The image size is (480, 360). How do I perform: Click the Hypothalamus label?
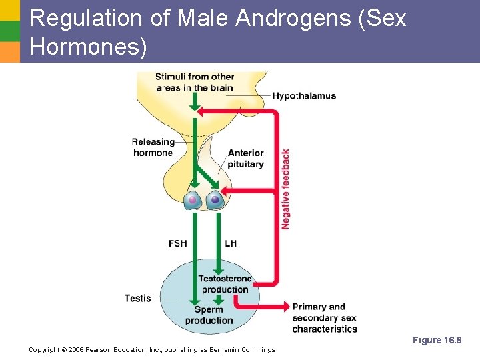pyautogui.click(x=304, y=96)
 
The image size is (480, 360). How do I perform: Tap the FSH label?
pyautogui.click(x=178, y=243)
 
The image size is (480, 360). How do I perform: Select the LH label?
pyautogui.click(x=231, y=243)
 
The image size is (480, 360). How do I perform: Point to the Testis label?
pyautogui.click(x=137, y=298)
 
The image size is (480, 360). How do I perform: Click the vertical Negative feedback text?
pyautogui.click(x=285, y=189)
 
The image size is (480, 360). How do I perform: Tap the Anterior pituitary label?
pyautogui.click(x=246, y=159)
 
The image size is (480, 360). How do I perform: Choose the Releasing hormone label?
pyautogui.click(x=153, y=147)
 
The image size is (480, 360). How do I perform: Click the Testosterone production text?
pyautogui.click(x=225, y=284)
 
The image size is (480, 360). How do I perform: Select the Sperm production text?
pyautogui.click(x=209, y=315)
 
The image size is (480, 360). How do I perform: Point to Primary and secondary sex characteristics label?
pyautogui.click(x=324, y=318)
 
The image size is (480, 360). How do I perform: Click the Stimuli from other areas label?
pyautogui.click(x=195, y=82)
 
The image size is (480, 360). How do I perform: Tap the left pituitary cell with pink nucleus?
pyautogui.click(x=193, y=199)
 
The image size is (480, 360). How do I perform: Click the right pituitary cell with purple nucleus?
pyautogui.click(x=215, y=199)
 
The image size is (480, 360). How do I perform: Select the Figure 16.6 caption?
pyautogui.click(x=437, y=340)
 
